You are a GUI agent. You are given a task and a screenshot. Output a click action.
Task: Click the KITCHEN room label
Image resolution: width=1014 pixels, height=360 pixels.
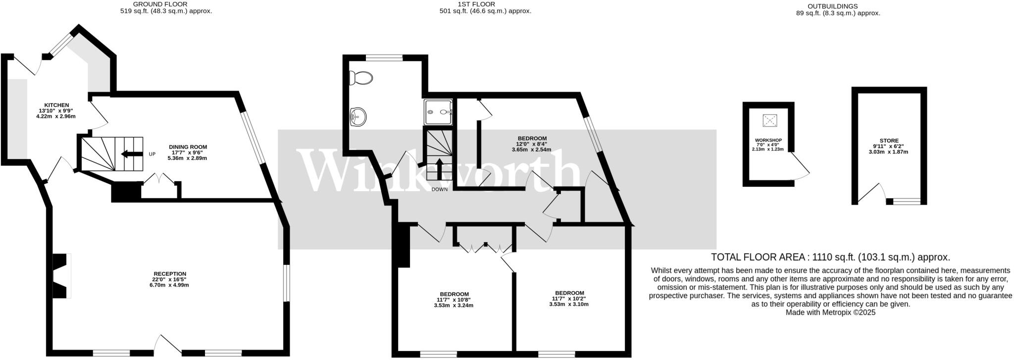(x=56, y=105)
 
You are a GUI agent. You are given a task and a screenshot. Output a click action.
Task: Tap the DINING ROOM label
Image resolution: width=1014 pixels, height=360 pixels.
(x=188, y=147)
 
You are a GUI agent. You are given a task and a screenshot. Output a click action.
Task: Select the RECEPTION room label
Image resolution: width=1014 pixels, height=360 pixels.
(x=169, y=274)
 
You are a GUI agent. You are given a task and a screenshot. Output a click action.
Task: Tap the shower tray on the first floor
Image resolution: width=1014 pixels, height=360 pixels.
(x=438, y=112)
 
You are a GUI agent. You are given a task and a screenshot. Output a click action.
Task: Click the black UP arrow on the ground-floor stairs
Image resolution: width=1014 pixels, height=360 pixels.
(x=131, y=154)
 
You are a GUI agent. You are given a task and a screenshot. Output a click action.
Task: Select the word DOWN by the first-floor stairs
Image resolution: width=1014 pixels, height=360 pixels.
(x=439, y=189)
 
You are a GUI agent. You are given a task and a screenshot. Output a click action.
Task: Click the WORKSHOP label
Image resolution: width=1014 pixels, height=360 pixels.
(x=768, y=141)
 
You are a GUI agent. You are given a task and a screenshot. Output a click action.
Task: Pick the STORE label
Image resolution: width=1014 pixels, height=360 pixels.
(x=889, y=141)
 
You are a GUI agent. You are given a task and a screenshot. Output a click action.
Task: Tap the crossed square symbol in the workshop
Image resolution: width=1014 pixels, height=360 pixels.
(x=769, y=120)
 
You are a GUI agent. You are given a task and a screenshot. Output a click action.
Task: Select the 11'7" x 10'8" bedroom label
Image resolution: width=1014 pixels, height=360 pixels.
(x=454, y=294)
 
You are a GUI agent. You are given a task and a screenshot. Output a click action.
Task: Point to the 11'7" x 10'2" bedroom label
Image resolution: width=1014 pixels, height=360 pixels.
(x=569, y=293)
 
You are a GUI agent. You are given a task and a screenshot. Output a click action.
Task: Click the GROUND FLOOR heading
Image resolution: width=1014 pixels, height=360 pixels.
(x=160, y=4)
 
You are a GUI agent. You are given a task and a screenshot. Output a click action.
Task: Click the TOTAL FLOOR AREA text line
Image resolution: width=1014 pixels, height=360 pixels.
(x=830, y=257)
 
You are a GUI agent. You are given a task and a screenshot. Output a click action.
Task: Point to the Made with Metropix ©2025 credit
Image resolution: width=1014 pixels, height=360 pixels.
(x=830, y=312)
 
